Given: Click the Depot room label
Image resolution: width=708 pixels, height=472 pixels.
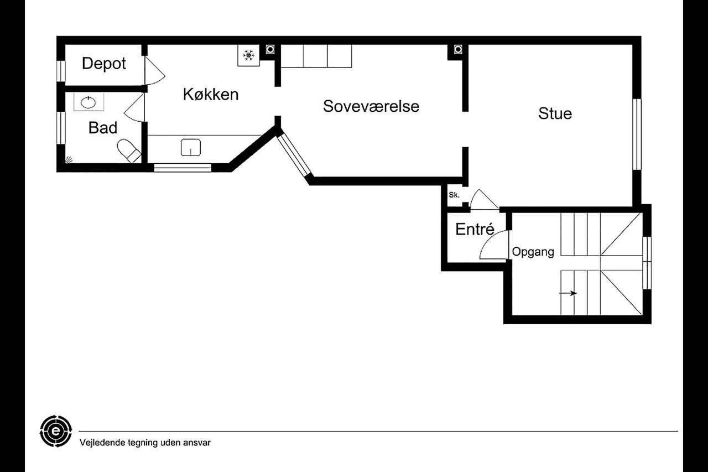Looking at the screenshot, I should (104, 64).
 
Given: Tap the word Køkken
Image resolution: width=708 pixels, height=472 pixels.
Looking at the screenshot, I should (211, 94).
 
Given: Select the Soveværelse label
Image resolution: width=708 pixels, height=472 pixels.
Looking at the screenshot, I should (371, 106).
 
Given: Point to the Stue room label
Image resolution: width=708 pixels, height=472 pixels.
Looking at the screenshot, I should (555, 113).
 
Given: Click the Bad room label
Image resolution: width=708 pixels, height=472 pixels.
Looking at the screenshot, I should (103, 128).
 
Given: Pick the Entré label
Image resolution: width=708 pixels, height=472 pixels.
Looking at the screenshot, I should (474, 229).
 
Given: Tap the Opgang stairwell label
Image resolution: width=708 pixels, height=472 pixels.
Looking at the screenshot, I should (533, 252).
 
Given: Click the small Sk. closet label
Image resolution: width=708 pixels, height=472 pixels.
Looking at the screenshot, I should (454, 195).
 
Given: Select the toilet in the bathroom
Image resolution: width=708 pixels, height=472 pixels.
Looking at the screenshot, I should (128, 151).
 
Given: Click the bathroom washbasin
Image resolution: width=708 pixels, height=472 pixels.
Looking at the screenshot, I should (87, 102).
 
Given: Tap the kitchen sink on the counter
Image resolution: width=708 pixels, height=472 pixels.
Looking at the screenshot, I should (190, 147).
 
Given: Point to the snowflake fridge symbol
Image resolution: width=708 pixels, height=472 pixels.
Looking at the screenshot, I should (249, 55).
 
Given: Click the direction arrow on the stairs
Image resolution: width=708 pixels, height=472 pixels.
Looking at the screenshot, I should (569, 293).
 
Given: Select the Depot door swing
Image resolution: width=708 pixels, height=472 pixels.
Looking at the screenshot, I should (153, 71).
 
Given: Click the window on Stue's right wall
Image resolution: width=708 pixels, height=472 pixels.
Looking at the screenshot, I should (637, 133).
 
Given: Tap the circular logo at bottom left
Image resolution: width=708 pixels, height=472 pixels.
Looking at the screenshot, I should (56, 430).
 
